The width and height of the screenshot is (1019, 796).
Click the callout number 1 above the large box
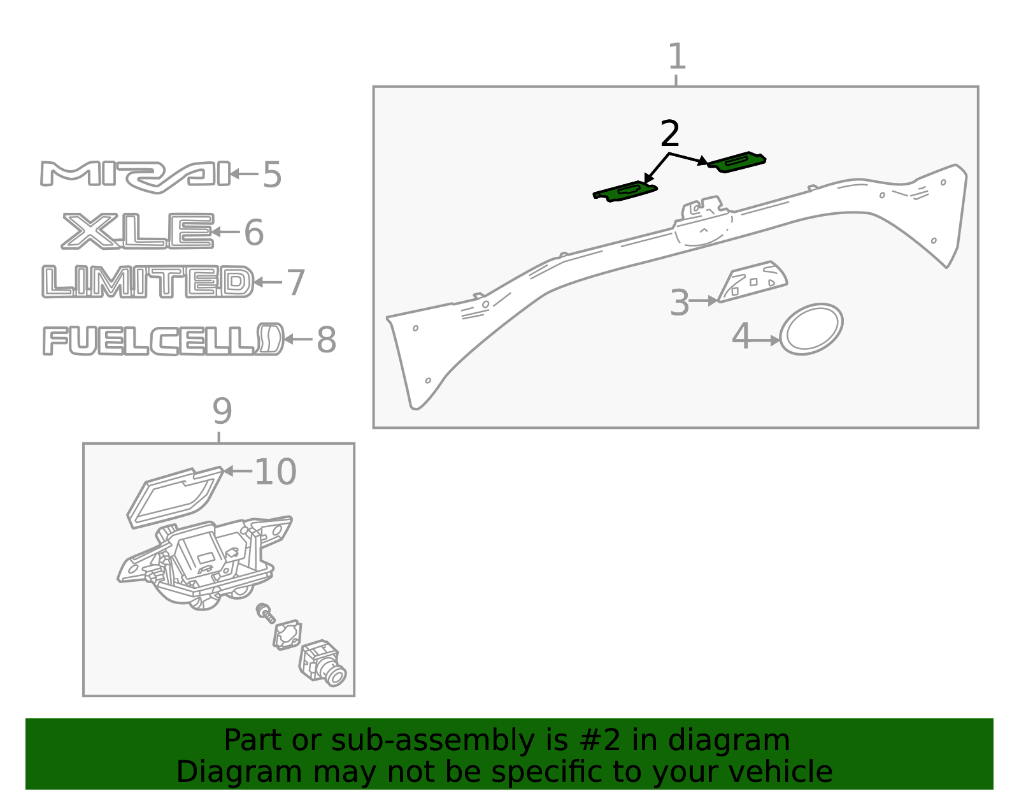point(676,56)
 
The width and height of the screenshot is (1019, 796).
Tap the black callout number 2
point(669,133)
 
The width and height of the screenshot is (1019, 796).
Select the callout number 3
point(680,303)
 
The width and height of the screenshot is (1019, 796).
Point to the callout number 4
point(741,336)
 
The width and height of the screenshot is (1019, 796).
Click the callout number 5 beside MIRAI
point(272,175)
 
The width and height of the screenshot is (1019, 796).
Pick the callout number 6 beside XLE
point(254,232)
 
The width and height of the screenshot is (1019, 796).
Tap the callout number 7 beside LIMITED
point(296,282)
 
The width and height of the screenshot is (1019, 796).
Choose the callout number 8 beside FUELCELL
point(326,340)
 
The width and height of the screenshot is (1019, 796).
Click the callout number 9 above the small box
point(222,411)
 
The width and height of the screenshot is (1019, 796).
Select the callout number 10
point(275,472)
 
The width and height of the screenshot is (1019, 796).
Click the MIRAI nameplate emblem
point(136,177)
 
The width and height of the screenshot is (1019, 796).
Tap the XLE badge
point(138,231)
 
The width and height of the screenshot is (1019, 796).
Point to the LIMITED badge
point(148,282)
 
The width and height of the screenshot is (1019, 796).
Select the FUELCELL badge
point(164,339)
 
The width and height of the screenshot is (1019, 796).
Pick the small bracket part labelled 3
point(753,282)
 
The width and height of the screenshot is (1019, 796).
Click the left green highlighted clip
point(625,191)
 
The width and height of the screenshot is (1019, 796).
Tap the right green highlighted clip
point(736,163)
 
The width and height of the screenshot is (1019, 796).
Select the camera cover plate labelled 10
point(175,497)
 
